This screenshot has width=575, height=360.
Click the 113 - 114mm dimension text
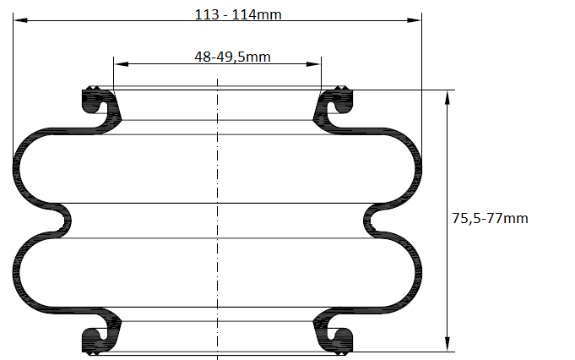238,14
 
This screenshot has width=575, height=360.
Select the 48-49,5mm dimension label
232,57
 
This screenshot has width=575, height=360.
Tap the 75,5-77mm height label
490,218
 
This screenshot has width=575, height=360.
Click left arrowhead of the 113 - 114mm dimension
20,20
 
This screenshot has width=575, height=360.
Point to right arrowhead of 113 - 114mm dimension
415,20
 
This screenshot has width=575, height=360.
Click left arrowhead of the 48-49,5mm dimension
122,64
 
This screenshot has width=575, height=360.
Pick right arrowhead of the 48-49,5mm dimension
313,64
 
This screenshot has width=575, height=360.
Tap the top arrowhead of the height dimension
447,98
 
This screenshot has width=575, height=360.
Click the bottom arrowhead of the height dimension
447,344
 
